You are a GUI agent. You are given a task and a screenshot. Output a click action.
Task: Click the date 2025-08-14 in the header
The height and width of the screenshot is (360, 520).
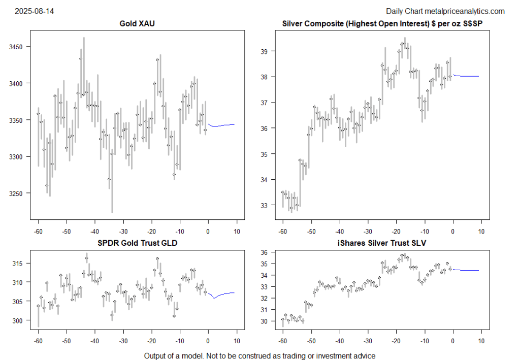[x=35, y=11]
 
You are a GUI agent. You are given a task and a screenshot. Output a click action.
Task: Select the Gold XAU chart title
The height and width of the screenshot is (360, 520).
[x=138, y=23]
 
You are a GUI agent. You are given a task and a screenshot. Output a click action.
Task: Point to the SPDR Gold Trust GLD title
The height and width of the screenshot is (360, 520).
[x=138, y=243]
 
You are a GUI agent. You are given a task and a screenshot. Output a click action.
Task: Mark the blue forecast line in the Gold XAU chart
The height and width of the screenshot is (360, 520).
[x=221, y=125]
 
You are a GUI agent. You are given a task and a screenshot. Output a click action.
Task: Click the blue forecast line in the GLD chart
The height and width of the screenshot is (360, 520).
[x=221, y=294]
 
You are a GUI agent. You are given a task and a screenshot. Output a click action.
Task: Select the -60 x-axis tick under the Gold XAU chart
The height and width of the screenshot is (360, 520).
[x=38, y=232]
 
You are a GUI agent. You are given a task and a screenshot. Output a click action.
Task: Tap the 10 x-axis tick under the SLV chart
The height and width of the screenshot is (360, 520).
[x=481, y=341]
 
